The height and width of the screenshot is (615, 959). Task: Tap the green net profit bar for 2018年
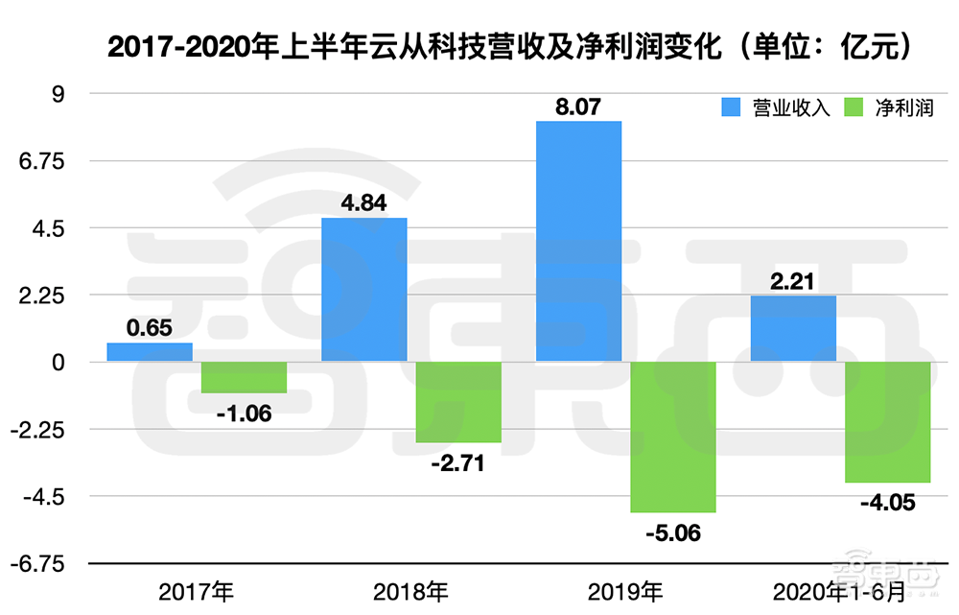pyautogui.click(x=458, y=402)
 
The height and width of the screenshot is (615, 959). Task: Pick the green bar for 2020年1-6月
pyautogui.click(x=887, y=422)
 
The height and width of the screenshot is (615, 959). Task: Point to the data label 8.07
pyautogui.click(x=578, y=106)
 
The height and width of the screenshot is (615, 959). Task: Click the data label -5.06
pyautogui.click(x=673, y=533)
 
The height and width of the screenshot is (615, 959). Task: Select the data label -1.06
pyautogui.click(x=244, y=414)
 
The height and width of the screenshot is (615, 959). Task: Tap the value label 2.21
pyautogui.click(x=793, y=280)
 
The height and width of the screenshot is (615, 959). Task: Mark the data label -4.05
pyautogui.click(x=887, y=504)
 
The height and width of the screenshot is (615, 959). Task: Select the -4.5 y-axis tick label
pyautogui.click(x=47, y=497)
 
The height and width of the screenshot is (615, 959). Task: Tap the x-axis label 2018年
pyautogui.click(x=411, y=589)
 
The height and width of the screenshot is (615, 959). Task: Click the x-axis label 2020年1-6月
pyautogui.click(x=840, y=589)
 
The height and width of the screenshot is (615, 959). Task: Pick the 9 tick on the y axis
pyautogui.click(x=57, y=94)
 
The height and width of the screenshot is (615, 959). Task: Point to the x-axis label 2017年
pyautogui.click(x=197, y=589)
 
